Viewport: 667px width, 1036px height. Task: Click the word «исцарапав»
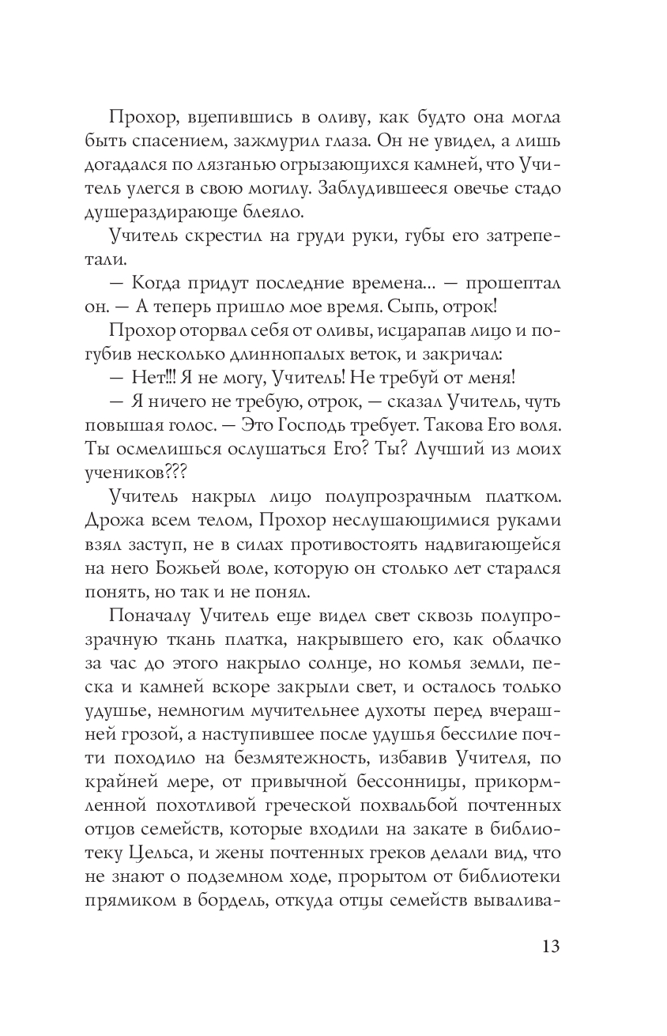click(385, 330)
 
